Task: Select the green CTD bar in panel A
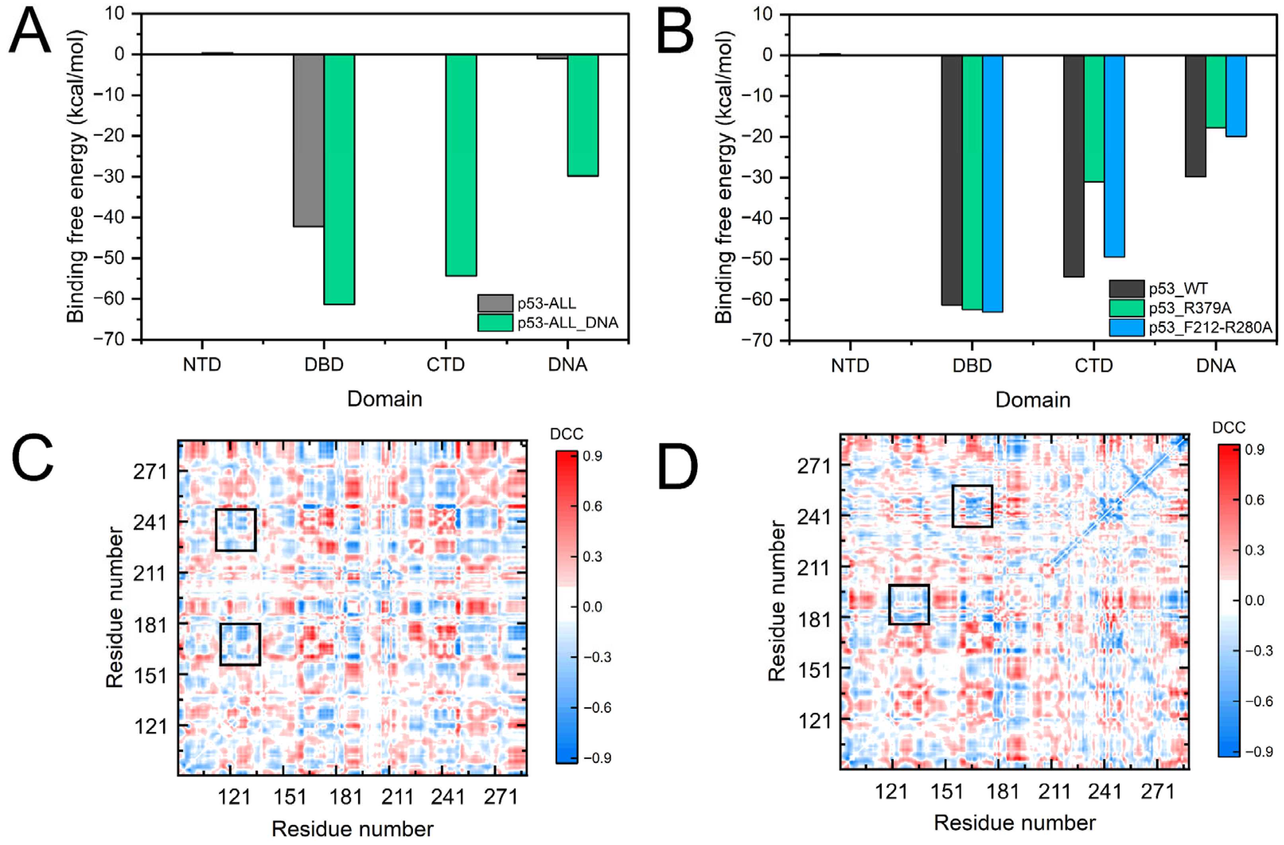(x=461, y=165)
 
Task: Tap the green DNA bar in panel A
(x=583, y=115)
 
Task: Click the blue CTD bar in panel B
(x=1114, y=156)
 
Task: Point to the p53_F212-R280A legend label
(x=1210, y=327)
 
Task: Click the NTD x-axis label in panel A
(x=202, y=365)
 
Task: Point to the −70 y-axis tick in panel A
(x=117, y=340)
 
